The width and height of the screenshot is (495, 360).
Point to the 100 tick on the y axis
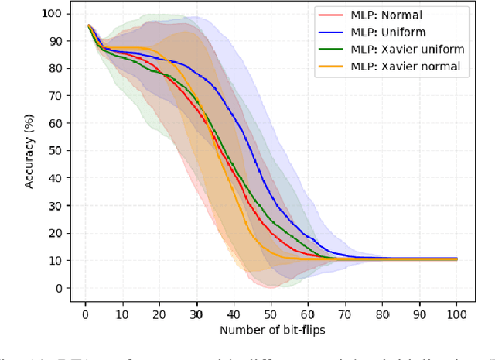(x=52, y=14)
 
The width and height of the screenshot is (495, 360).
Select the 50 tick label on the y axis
(x=55, y=151)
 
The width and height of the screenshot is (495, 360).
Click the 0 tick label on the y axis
(x=58, y=288)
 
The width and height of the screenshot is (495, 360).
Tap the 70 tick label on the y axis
(x=55, y=96)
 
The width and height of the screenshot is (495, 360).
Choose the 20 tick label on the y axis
(x=55, y=233)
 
